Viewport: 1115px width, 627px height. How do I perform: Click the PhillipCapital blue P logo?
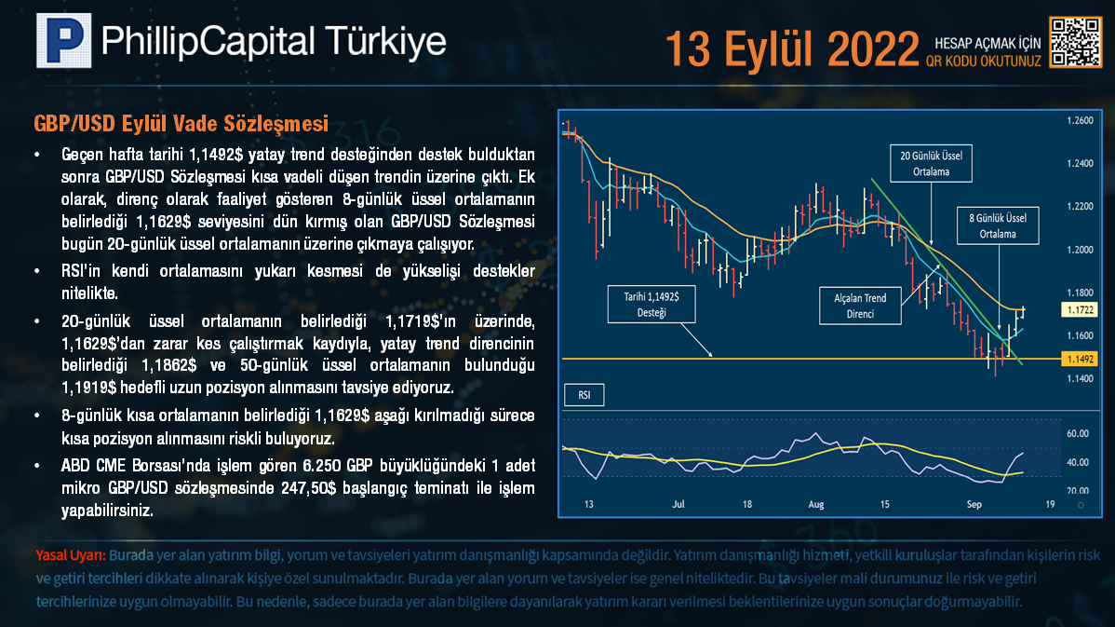pyautogui.click(x=64, y=41)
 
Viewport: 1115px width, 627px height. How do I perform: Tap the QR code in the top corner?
pyautogui.click(x=1076, y=43)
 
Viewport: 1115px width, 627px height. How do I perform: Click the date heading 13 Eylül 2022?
pyautogui.click(x=792, y=49)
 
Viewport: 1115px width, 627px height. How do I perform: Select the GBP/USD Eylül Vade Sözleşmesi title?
pyautogui.click(x=181, y=124)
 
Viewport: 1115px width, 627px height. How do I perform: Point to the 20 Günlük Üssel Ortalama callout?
pyautogui.click(x=931, y=164)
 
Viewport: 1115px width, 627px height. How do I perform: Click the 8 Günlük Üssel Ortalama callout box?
pyautogui.click(x=998, y=225)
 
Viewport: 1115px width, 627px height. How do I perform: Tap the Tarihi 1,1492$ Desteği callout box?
pyautogui.click(x=652, y=304)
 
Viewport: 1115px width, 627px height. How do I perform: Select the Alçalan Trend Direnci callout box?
pyautogui.click(x=860, y=306)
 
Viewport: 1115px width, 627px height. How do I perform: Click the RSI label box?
pyautogui.click(x=584, y=395)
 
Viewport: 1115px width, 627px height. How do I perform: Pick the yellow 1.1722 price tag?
pyautogui.click(x=1080, y=309)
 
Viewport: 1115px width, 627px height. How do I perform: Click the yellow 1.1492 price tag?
pyautogui.click(x=1080, y=360)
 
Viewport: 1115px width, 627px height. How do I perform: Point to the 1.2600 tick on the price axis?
pyautogui.click(x=1081, y=120)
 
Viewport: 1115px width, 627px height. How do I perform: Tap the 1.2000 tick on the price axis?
pyautogui.click(x=1081, y=250)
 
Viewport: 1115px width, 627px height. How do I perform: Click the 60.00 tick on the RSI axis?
pyautogui.click(x=1078, y=433)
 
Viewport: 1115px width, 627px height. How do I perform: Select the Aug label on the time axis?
pyautogui.click(x=815, y=505)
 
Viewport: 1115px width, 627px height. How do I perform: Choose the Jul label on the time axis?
pyautogui.click(x=678, y=504)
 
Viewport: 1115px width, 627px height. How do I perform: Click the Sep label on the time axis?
pyautogui.click(x=974, y=505)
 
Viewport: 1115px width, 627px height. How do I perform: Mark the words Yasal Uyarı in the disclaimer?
pyautogui.click(x=71, y=555)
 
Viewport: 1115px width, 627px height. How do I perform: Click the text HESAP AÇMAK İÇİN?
pyautogui.click(x=987, y=44)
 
